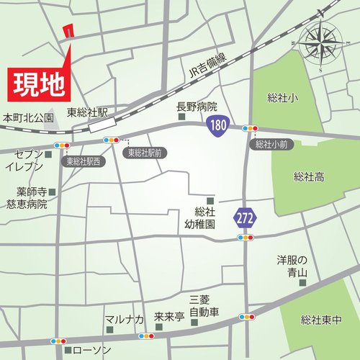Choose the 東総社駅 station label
pyautogui.click(x=88, y=112)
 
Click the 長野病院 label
pyautogui.click(x=197, y=107)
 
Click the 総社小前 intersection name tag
pyautogui.click(x=271, y=144)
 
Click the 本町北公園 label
pyautogui.click(x=28, y=117)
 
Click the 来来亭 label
pyautogui.click(x=169, y=317)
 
